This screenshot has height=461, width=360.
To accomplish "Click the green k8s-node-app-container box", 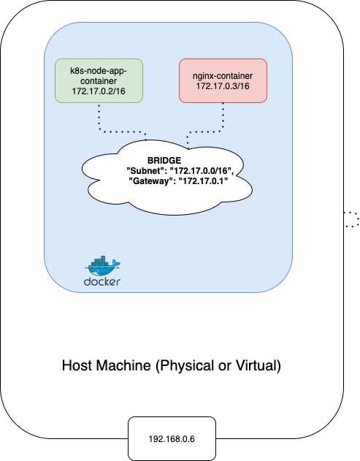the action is (99, 81).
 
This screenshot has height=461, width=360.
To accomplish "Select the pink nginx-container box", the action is (223, 81).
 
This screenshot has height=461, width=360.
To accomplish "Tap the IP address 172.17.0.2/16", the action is (99, 91).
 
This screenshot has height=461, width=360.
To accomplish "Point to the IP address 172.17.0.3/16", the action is (223, 86).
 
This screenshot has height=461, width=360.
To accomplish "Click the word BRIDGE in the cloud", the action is (164, 161).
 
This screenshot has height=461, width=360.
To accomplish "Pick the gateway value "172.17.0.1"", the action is (203, 180).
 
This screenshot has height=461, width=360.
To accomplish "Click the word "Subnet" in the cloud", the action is (145, 170).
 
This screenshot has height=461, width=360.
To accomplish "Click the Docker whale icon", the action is (102, 264).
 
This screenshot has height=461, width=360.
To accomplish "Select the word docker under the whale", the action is (102, 281).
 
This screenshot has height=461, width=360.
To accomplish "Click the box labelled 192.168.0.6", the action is (172, 438).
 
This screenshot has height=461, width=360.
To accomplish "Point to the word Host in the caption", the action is (77, 365).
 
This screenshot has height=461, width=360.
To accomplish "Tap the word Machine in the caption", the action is (123, 365).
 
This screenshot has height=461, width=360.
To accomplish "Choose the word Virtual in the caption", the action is (258, 365).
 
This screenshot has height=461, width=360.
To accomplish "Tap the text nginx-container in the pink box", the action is (223, 76).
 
